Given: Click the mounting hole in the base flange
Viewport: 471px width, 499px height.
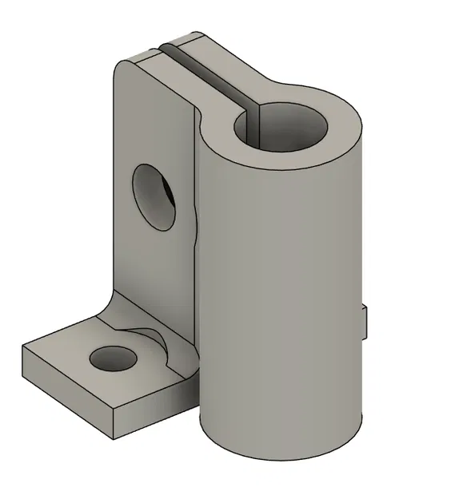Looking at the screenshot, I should point(111,358).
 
